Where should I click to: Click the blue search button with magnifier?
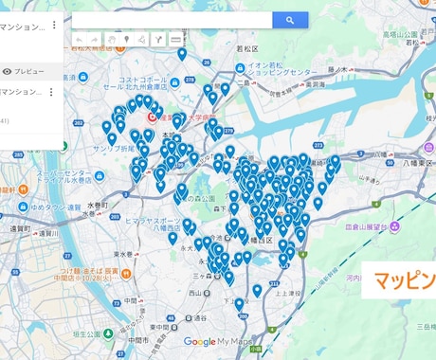[290, 20]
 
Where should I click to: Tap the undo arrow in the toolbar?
[80, 40]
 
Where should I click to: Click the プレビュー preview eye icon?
[8, 71]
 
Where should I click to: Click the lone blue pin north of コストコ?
[182, 55]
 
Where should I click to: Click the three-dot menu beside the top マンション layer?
[53, 26]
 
